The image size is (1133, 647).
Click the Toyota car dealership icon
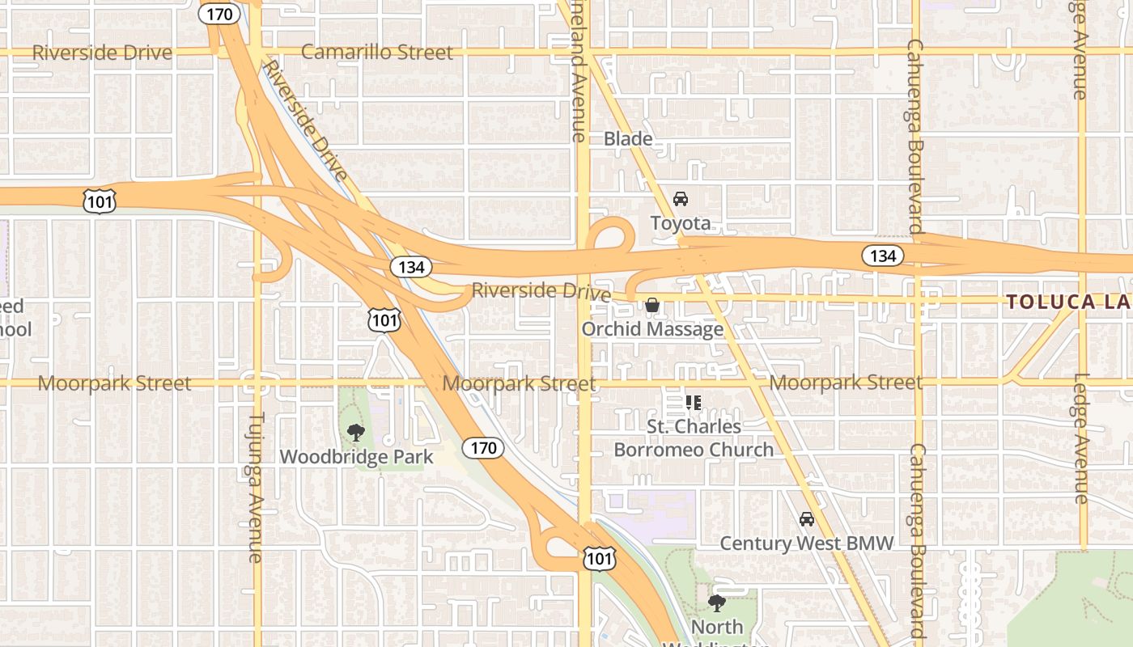coord(681,199)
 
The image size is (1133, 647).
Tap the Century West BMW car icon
coord(806,519)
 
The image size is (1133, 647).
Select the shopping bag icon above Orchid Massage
coord(651,305)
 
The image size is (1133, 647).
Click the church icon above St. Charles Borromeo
coord(693,402)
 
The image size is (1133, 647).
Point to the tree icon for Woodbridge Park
coord(355,433)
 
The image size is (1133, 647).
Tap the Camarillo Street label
coord(376,53)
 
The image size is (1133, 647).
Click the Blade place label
coord(628,139)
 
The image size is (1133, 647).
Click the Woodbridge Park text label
coord(356,457)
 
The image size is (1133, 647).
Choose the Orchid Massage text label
coord(652,329)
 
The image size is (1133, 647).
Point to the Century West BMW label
coord(807,543)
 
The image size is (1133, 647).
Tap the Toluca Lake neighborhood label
coord(1068,302)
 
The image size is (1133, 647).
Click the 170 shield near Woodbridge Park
coord(483,447)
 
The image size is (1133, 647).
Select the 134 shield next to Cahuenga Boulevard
coord(882,256)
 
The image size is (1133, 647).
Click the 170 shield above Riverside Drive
coord(219,13)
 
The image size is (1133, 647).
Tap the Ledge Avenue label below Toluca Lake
coord(1082,438)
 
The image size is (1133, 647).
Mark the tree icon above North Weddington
coord(716,603)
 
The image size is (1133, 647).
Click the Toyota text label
coord(681,223)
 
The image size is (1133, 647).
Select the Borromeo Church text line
coord(694,450)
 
